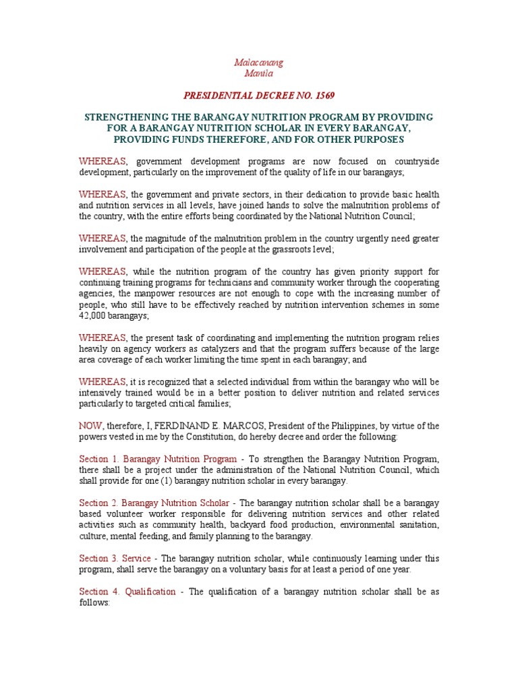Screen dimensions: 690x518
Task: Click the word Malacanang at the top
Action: [x=258, y=62]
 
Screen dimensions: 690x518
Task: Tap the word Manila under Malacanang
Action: [x=259, y=73]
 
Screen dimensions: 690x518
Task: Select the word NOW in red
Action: [x=89, y=426]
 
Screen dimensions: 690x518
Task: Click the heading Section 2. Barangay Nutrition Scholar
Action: [x=154, y=503]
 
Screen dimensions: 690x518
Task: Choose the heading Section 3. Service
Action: [x=115, y=558]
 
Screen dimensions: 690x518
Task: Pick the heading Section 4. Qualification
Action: [x=127, y=592]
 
